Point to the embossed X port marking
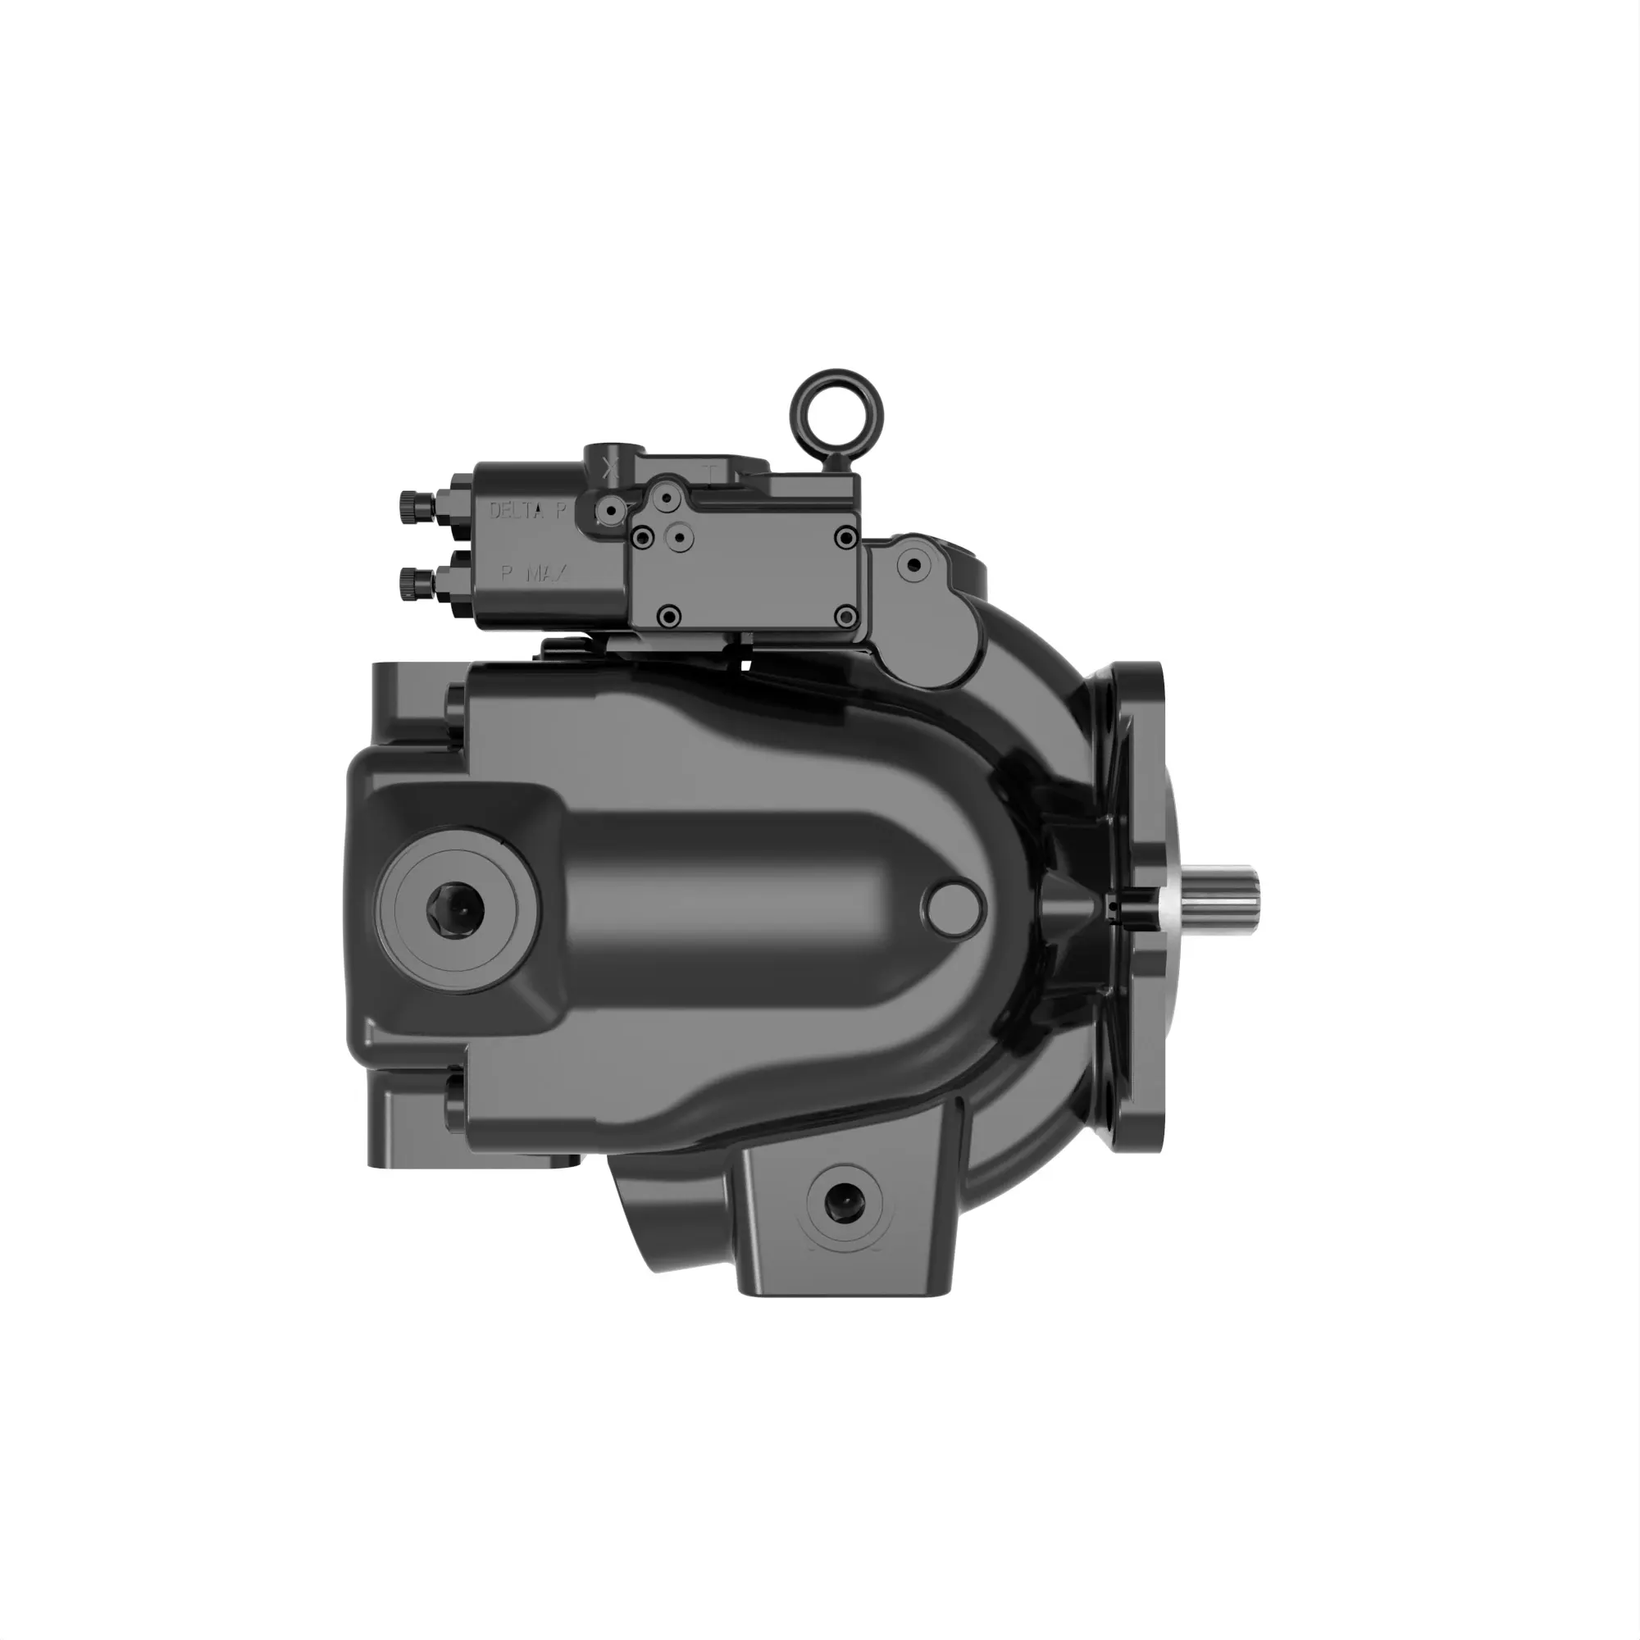click(609, 467)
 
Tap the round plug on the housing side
click(957, 909)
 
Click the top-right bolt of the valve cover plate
click(845, 536)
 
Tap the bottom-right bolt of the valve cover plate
click(845, 617)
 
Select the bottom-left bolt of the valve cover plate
click(670, 617)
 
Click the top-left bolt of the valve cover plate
click(644, 536)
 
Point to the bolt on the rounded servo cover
click(914, 564)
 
